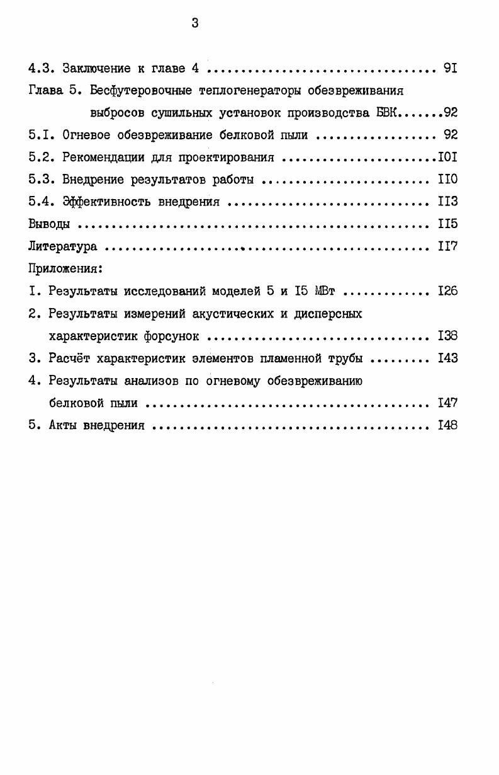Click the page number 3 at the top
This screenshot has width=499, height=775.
(195, 24)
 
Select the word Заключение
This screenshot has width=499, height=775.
(96, 68)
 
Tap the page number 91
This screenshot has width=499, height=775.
(450, 68)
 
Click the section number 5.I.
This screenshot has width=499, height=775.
(41, 135)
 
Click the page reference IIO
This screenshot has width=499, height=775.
(447, 180)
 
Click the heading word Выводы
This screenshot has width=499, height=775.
(50, 224)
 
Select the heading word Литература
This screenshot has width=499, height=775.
(62, 247)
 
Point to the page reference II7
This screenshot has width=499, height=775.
(447, 247)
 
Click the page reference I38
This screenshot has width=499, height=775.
(447, 336)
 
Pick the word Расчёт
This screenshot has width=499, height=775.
(70, 359)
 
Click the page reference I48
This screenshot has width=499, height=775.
(447, 425)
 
